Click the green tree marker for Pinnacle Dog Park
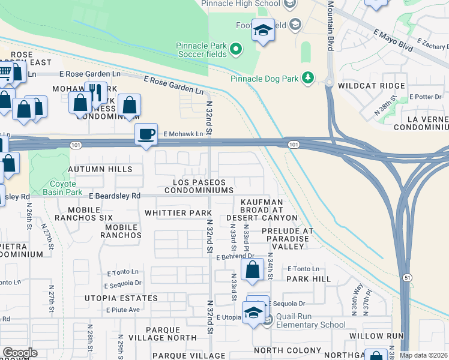(x=308, y=77)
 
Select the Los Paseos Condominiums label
(x=202, y=186)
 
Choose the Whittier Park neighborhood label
(x=178, y=213)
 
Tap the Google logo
(x=20, y=353)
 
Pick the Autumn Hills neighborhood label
(x=100, y=170)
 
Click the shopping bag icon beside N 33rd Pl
(x=253, y=269)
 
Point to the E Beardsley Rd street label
(x=114, y=196)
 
